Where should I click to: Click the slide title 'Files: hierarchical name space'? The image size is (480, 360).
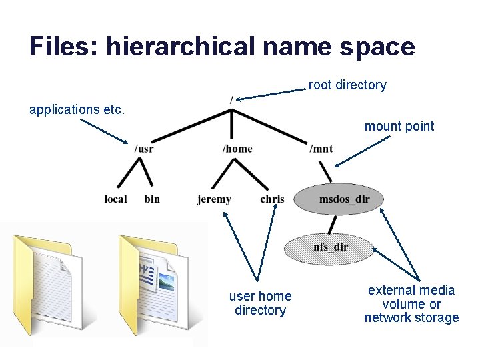click(x=222, y=47)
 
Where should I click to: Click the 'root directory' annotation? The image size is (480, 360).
click(x=347, y=85)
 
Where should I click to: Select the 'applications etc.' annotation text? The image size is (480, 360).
click(x=77, y=109)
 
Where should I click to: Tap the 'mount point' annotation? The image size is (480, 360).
click(x=399, y=126)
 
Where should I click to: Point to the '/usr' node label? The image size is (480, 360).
click(x=143, y=149)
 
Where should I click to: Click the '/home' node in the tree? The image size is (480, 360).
click(x=237, y=149)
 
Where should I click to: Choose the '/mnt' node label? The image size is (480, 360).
click(x=321, y=149)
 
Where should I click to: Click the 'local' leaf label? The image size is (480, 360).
click(x=115, y=199)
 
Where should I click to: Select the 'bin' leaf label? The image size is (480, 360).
click(x=152, y=199)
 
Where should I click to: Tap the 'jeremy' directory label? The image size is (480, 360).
click(x=214, y=199)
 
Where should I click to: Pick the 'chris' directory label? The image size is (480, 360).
click(x=272, y=199)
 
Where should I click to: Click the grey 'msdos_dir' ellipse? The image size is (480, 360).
click(x=341, y=198)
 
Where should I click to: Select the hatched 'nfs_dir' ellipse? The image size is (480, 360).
click(x=331, y=247)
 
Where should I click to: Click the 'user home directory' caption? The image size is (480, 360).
click(x=260, y=303)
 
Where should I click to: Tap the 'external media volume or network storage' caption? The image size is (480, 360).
click(x=411, y=303)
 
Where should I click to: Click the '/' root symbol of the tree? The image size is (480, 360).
click(x=231, y=100)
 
